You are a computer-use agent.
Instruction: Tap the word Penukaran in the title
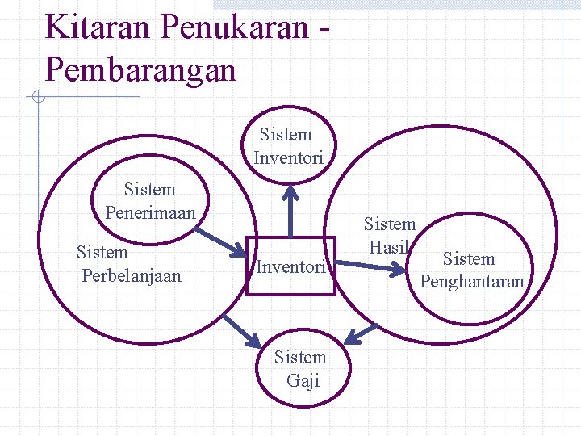(x=234, y=27)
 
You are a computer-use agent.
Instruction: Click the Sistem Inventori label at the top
(x=288, y=146)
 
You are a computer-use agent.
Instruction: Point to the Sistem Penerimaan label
(x=150, y=201)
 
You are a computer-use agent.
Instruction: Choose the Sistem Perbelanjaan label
(x=130, y=264)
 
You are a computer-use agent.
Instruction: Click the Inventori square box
(x=290, y=266)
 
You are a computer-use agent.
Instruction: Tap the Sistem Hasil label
(x=390, y=236)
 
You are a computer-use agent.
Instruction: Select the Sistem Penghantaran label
(x=471, y=270)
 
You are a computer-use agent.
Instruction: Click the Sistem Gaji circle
(x=300, y=369)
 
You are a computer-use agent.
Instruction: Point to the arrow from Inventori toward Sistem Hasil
(x=372, y=265)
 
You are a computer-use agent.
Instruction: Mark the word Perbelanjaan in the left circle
(x=132, y=276)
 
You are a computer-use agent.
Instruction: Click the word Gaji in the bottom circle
(x=303, y=381)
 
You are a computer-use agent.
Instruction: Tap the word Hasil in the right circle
(x=388, y=248)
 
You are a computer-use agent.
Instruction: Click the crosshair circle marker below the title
(x=37, y=98)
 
